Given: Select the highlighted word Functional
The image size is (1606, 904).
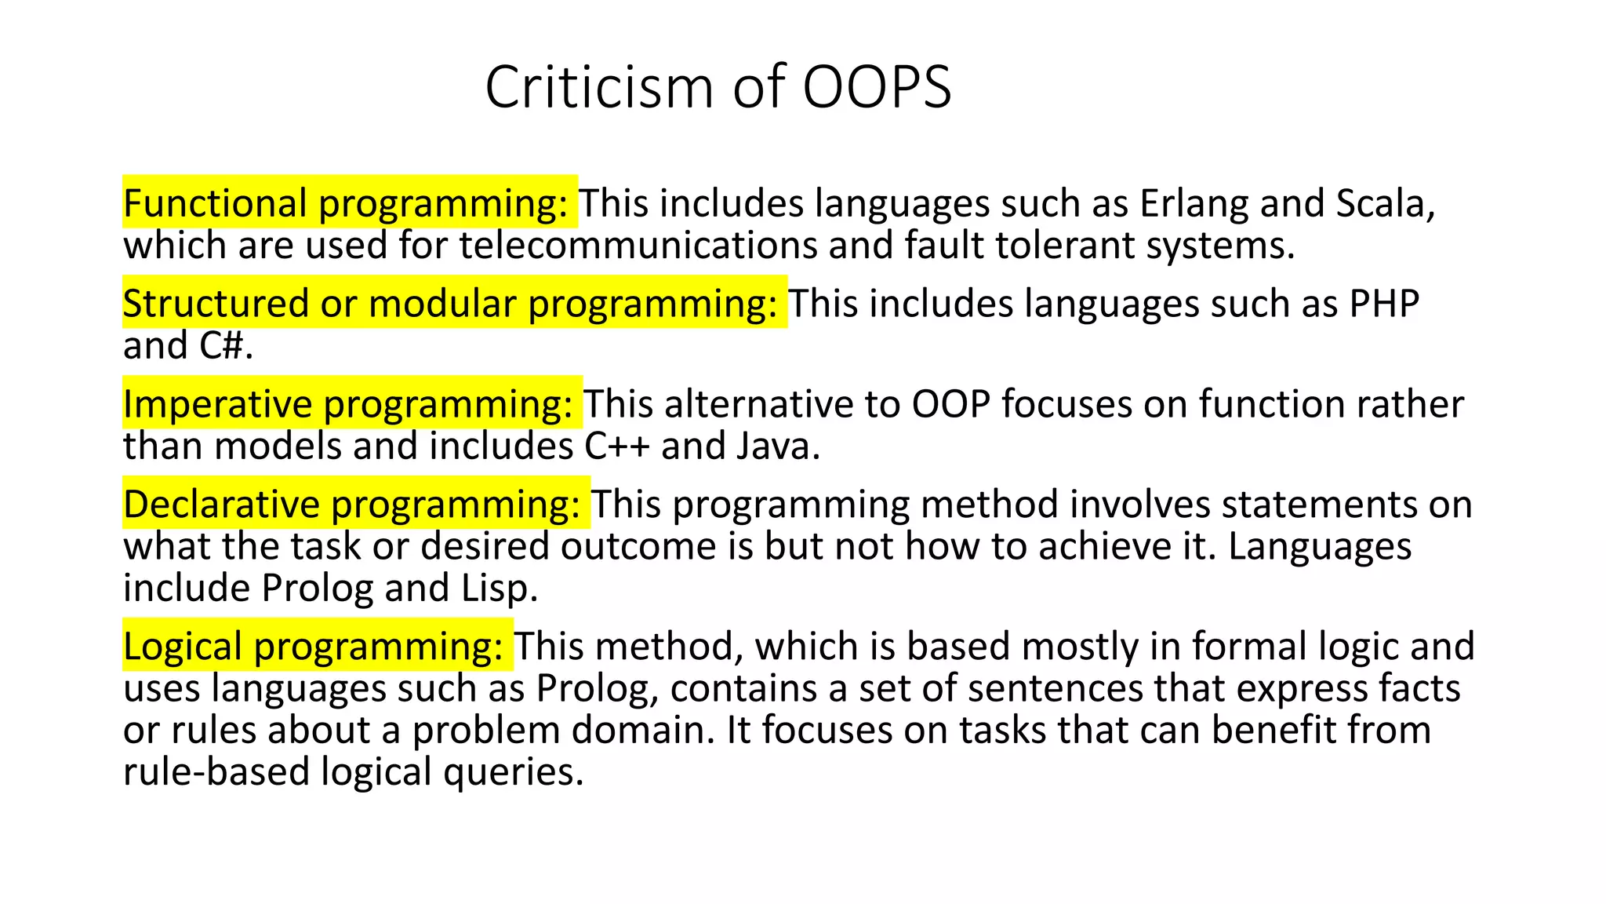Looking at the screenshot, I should (x=215, y=203).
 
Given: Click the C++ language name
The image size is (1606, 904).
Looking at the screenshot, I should (x=617, y=446).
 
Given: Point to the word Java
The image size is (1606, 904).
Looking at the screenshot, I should (x=778, y=446).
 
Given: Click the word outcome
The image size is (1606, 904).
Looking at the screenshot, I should (x=638, y=546).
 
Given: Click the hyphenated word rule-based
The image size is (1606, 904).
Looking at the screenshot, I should (x=216, y=771).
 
